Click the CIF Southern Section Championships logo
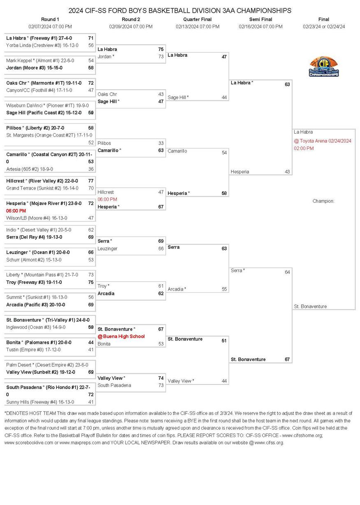click(x=324, y=67)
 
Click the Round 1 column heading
click(x=50, y=19)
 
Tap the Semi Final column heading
click(x=260, y=19)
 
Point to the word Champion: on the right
click(x=323, y=201)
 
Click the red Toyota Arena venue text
click(x=322, y=141)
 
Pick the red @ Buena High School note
click(x=121, y=336)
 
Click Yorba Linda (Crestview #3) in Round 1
click(x=42, y=45)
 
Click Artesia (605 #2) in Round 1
click(x=30, y=169)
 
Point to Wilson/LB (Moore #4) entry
click(x=37, y=218)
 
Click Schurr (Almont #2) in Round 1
click(x=34, y=259)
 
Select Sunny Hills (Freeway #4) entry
click(x=40, y=402)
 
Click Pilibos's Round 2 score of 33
click(x=161, y=143)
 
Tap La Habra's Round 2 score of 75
click(x=161, y=49)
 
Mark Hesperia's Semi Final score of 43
click(x=287, y=171)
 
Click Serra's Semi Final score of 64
click(x=287, y=272)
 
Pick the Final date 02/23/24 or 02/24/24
click(x=324, y=27)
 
